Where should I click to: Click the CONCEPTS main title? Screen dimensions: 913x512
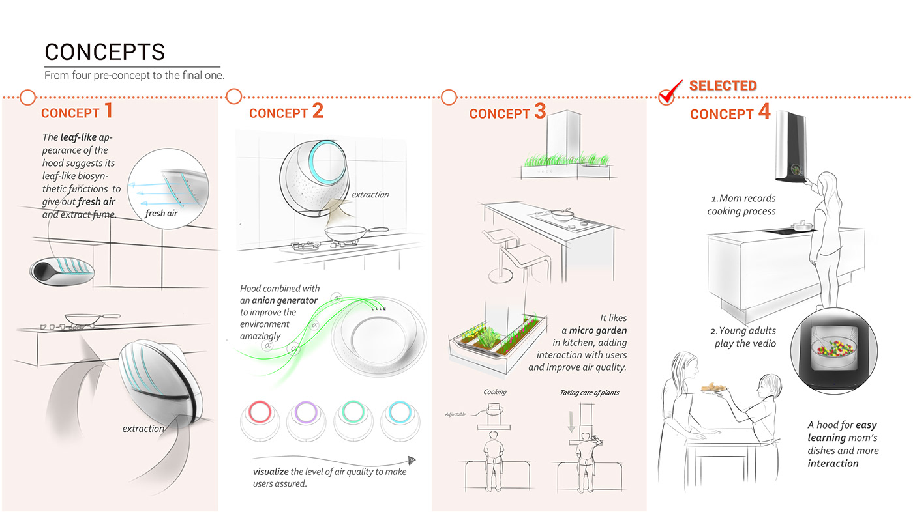(104, 51)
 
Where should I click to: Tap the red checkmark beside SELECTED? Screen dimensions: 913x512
(668, 92)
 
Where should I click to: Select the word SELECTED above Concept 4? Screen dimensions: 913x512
(723, 85)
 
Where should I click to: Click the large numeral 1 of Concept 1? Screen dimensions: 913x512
(108, 110)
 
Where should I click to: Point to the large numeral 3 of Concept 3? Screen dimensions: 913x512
(540, 111)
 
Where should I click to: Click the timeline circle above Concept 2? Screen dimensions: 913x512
(233, 96)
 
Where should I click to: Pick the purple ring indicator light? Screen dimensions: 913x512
(305, 414)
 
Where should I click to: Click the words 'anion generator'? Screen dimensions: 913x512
(284, 300)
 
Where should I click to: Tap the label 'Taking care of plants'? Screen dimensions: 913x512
(590, 393)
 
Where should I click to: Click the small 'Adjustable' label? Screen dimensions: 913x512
(455, 414)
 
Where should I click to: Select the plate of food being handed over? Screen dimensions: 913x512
(713, 390)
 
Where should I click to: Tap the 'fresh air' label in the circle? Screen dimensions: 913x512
(161, 212)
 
